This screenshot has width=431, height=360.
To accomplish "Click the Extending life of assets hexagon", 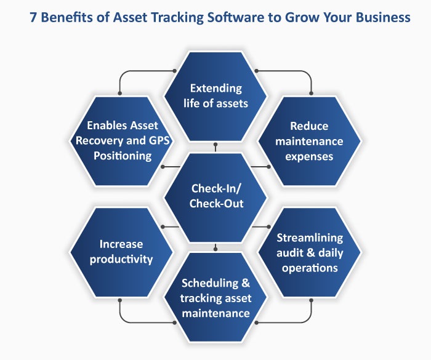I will pos(216,95).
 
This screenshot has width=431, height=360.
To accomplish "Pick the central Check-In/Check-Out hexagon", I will pos(216,196).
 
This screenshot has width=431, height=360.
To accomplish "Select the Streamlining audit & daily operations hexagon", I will pos(310,252).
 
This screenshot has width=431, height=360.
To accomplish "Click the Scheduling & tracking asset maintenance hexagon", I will pos(216,298).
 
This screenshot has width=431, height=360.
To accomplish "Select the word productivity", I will pos(121,259).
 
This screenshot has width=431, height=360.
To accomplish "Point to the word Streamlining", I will pos(310,237).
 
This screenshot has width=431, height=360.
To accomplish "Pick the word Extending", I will pos(216,88).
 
